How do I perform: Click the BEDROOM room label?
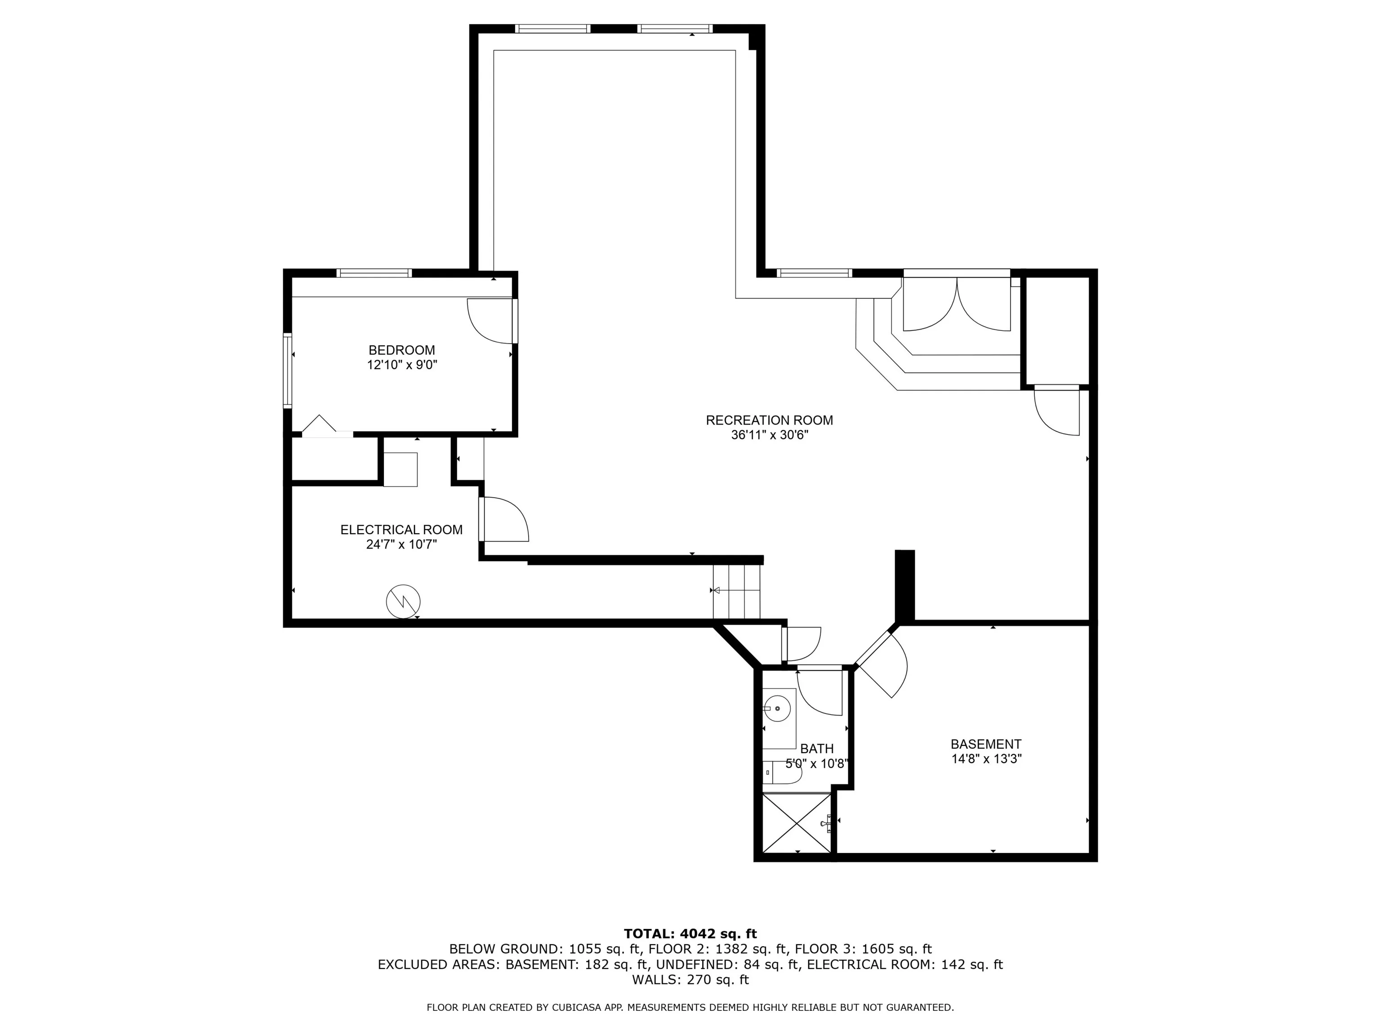pyautogui.click(x=401, y=350)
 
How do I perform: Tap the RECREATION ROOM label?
pyautogui.click(x=769, y=420)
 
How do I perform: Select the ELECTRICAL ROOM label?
pyautogui.click(x=401, y=530)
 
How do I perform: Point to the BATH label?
pyautogui.click(x=817, y=749)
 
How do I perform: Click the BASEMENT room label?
pyautogui.click(x=986, y=744)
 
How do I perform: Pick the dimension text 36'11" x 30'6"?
pyautogui.click(x=769, y=435)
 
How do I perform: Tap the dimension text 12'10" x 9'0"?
pyautogui.click(x=402, y=365)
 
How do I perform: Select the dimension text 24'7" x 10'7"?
pyautogui.click(x=401, y=545)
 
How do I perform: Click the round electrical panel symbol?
pyautogui.click(x=403, y=601)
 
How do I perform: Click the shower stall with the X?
pyautogui.click(x=797, y=822)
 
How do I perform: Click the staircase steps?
pyautogui.click(x=737, y=591)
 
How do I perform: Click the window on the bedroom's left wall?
pyautogui.click(x=288, y=371)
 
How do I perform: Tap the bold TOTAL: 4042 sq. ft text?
pyautogui.click(x=690, y=933)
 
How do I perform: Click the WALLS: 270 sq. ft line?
pyautogui.click(x=690, y=980)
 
